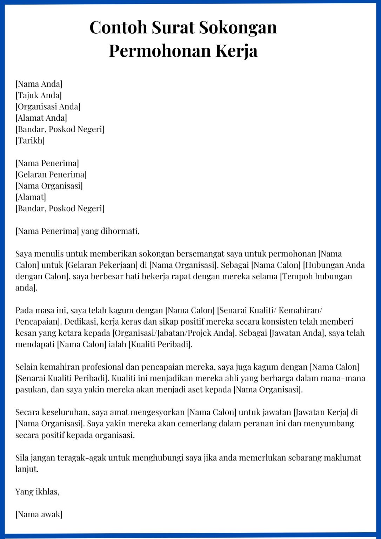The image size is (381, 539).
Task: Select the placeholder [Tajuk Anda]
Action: click(39, 95)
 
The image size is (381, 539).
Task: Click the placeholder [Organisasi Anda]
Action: click(48, 107)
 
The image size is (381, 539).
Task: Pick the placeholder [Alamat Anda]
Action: click(41, 118)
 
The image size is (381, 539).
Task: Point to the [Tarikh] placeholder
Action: click(30, 141)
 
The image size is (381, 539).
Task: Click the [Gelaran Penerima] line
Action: click(51, 174)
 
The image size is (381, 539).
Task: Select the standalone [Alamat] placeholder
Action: click(31, 197)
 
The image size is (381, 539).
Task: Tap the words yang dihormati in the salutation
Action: click(110, 231)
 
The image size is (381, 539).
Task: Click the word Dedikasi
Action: click(80, 322)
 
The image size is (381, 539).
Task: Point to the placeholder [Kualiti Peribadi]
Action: click(161, 344)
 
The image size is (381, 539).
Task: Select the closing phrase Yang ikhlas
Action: click(37, 492)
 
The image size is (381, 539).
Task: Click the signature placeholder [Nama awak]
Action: click(39, 514)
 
